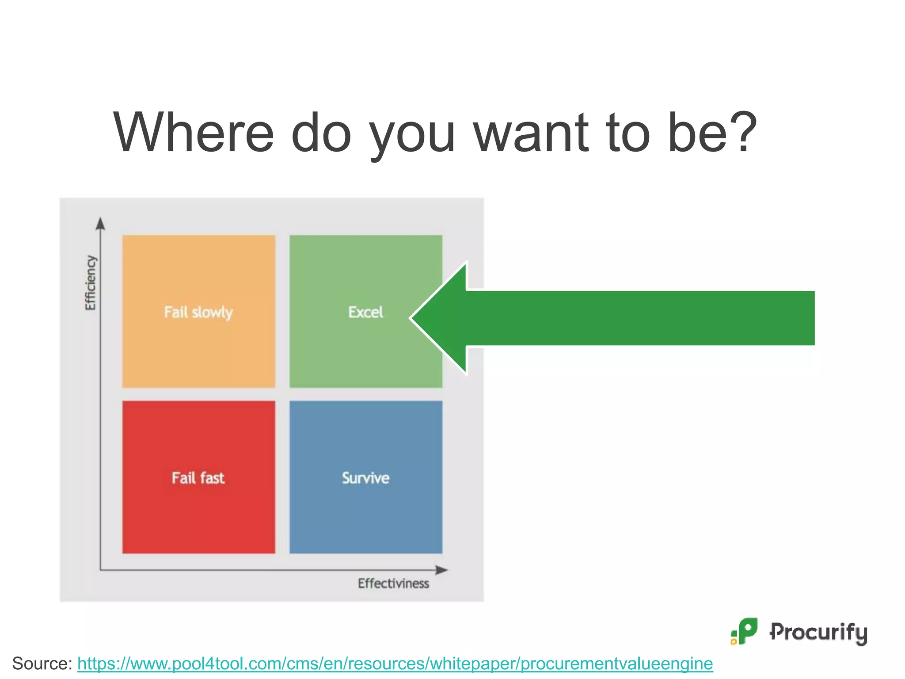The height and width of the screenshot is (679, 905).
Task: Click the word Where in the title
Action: (194, 133)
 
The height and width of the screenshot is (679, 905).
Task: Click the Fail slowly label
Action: (198, 312)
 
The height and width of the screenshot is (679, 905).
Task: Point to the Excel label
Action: (365, 312)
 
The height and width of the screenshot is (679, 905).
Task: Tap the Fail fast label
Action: (198, 478)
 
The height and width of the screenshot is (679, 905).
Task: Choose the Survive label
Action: (365, 478)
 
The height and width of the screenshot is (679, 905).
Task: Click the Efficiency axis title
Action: (90, 283)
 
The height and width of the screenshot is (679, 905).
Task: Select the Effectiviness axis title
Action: (393, 584)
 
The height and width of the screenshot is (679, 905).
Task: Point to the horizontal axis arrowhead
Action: (442, 570)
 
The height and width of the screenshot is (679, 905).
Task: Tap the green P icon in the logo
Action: (746, 631)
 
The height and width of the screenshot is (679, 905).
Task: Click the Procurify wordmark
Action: (818, 632)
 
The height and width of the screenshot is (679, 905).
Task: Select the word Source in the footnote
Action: (39, 664)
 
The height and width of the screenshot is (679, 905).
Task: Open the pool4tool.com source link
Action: (395, 664)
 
